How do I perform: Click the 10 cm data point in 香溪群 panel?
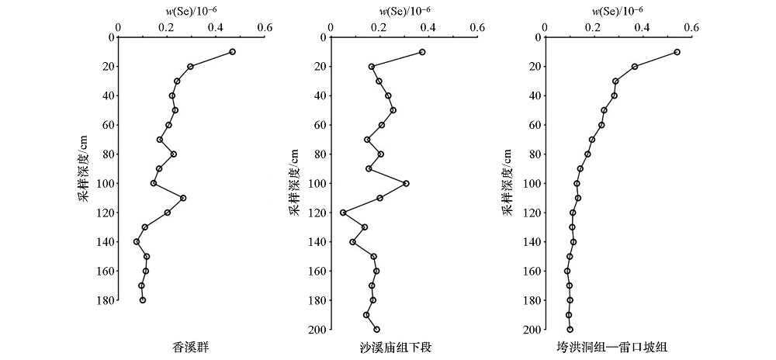click(232, 52)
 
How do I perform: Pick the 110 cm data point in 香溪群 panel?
click(183, 198)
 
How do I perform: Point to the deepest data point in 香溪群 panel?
click(143, 299)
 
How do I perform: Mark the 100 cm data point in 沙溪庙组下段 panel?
click(406, 183)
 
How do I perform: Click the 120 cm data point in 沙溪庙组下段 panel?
click(343, 213)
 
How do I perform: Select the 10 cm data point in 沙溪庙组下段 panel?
click(422, 52)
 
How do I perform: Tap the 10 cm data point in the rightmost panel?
click(677, 52)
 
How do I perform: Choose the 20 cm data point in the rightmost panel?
click(635, 67)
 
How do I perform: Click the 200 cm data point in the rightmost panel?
click(570, 330)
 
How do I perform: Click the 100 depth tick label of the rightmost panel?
click(532, 183)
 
